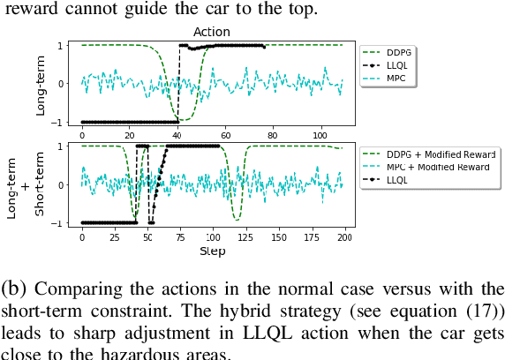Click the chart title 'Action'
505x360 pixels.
tap(212, 32)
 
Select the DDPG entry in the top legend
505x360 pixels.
tap(394, 52)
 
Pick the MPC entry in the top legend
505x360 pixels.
tap(392, 79)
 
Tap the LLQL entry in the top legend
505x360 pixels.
tap(393, 65)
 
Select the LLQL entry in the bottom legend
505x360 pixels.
tap(393, 181)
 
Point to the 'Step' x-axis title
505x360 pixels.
tap(213, 251)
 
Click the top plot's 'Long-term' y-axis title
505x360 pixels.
tap(41, 83)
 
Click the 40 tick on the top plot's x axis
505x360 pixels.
tap(177, 135)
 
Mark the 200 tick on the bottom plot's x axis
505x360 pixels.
tap(344, 238)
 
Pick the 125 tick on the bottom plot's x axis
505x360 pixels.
tap(245, 238)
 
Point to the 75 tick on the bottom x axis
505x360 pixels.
tap(180, 238)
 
